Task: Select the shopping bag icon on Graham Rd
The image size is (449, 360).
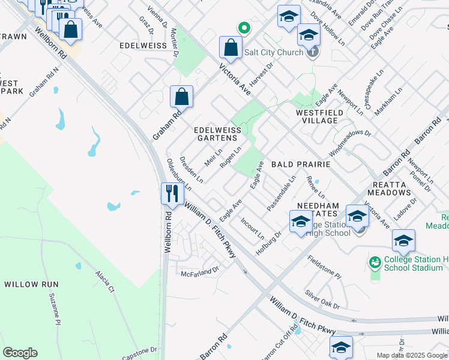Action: coord(181,97)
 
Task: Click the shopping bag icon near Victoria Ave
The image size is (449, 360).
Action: coord(231,47)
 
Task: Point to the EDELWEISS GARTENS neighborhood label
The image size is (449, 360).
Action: coord(217,134)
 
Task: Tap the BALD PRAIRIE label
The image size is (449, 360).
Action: coord(301,164)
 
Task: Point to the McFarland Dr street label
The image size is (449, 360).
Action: coord(200,272)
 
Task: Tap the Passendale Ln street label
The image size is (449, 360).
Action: coord(282,193)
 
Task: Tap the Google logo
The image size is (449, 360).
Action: coord(20,353)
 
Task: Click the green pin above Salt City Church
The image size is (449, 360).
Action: coord(244,28)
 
